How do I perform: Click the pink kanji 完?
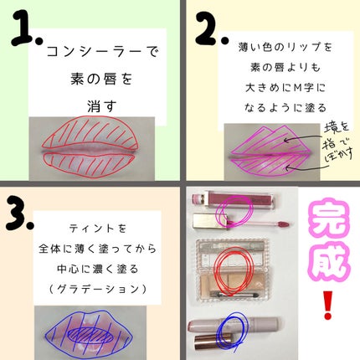pyautogui.click(x=327, y=221)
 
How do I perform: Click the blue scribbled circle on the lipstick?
pyautogui.click(x=227, y=328)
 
